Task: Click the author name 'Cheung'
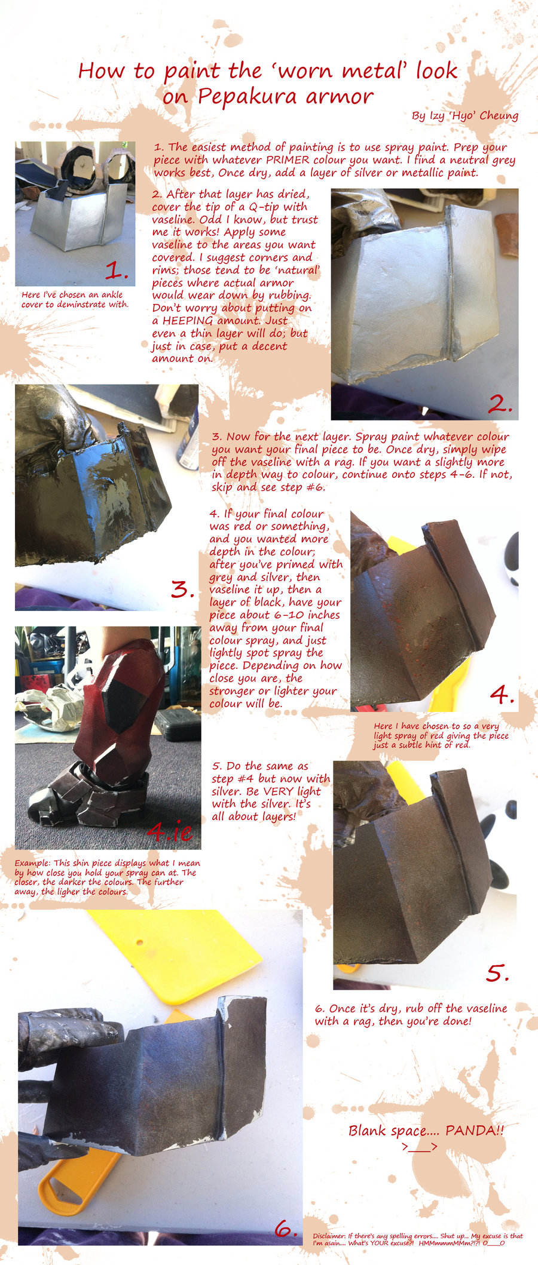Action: pyautogui.click(x=497, y=116)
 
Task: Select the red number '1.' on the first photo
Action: pyautogui.click(x=117, y=271)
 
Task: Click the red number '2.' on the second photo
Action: pyautogui.click(x=500, y=404)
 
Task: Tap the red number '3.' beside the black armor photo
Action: pyautogui.click(x=183, y=589)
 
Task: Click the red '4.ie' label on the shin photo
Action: pyautogui.click(x=170, y=831)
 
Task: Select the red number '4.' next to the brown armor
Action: pyautogui.click(x=502, y=694)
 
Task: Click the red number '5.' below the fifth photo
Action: pyautogui.click(x=497, y=973)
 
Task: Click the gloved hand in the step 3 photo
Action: pyautogui.click(x=54, y=418)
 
